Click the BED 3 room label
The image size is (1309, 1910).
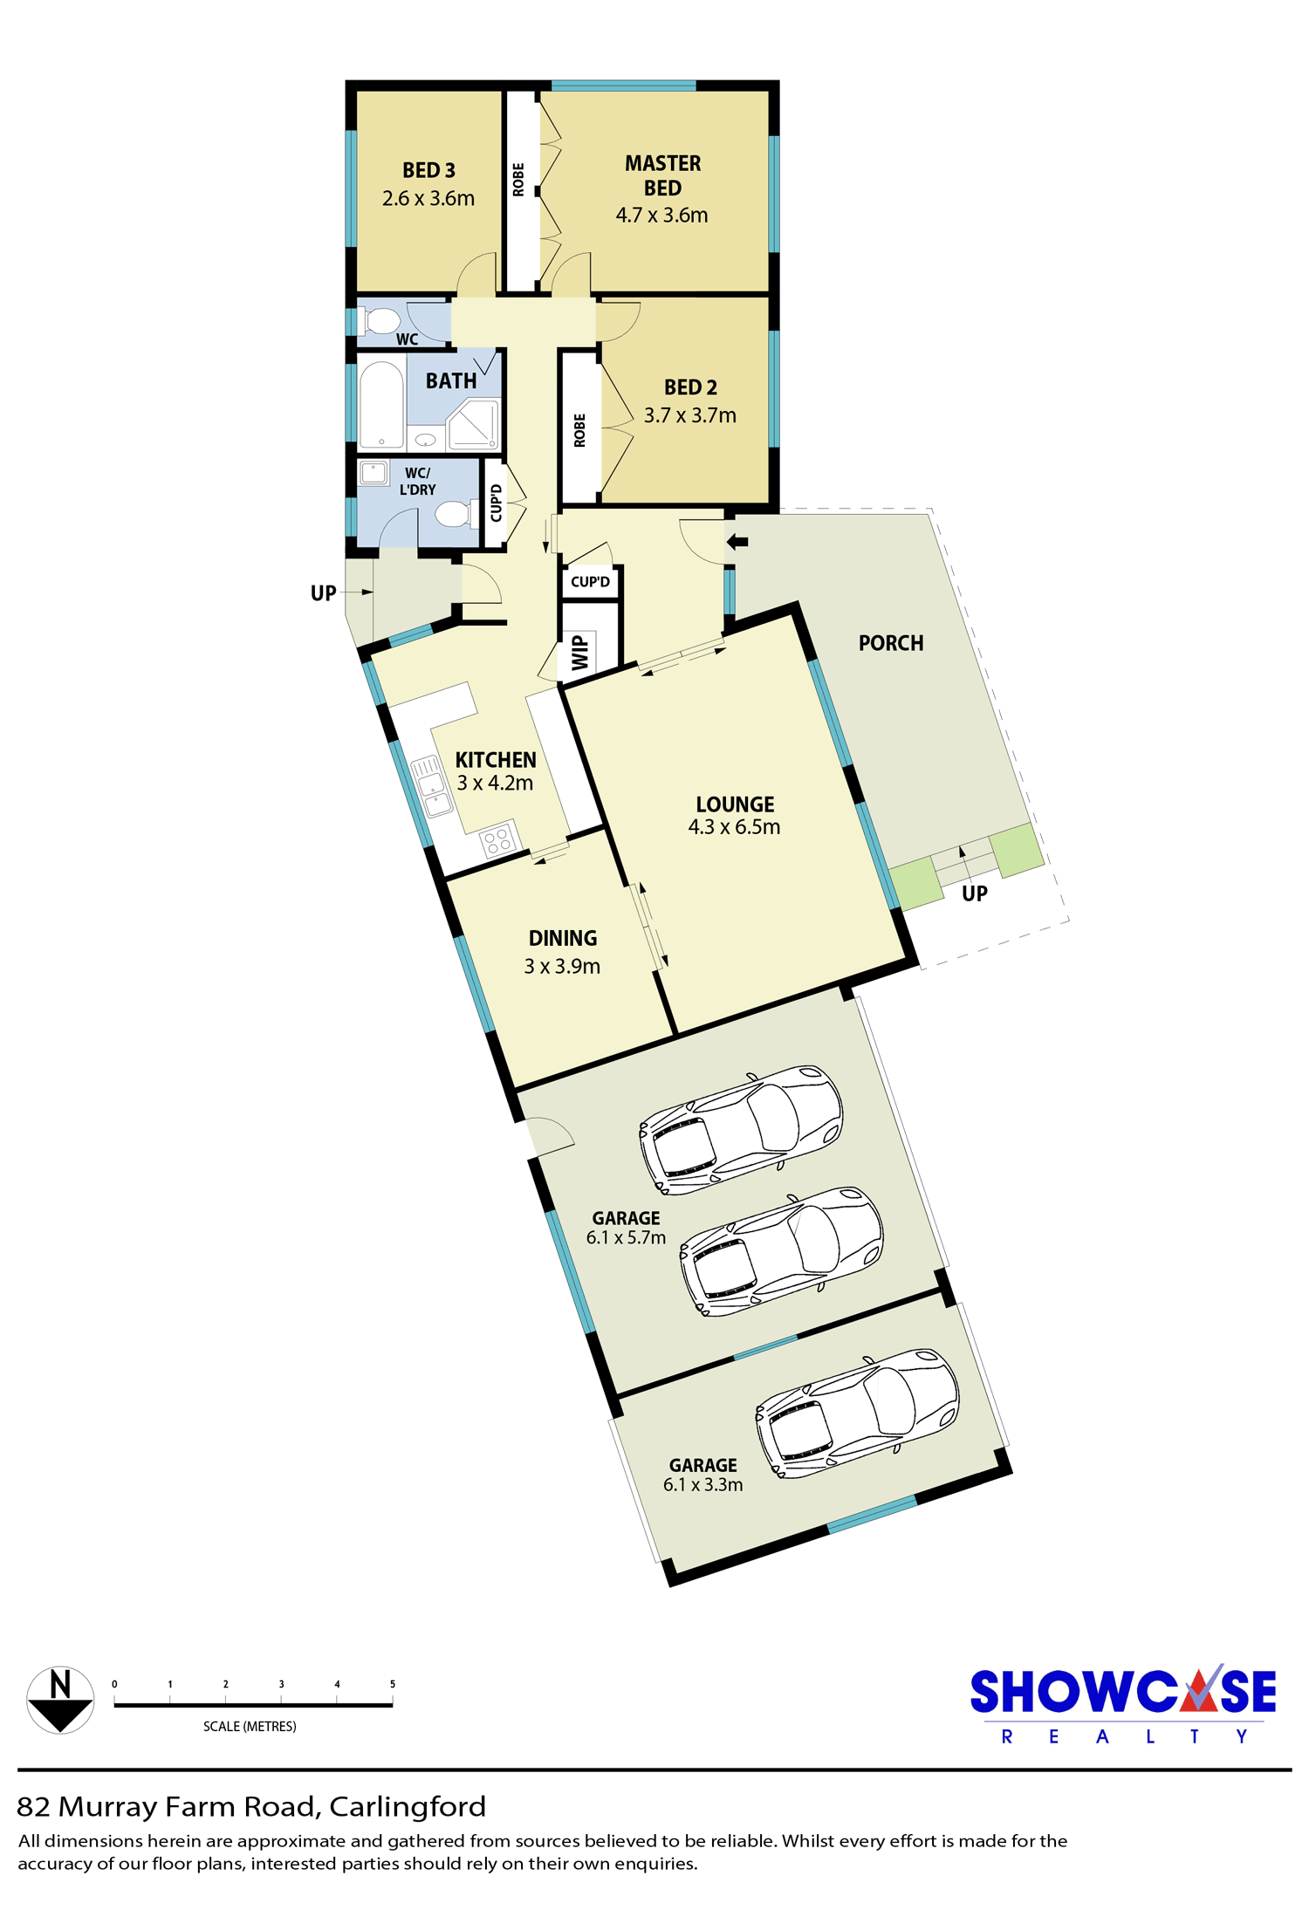[x=428, y=170]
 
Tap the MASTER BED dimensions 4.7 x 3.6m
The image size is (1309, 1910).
[x=661, y=215]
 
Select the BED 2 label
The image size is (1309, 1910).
[x=690, y=387]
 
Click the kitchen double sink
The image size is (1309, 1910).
[x=432, y=786]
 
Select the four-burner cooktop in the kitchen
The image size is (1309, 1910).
[x=498, y=840]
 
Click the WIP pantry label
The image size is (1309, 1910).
[x=579, y=653]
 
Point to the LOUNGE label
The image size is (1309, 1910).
[x=735, y=804]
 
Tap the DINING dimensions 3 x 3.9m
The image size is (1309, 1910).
[x=562, y=966]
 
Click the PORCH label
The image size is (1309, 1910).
[x=890, y=643]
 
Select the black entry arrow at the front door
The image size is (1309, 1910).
[x=737, y=542]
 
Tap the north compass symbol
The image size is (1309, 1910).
[x=60, y=1700]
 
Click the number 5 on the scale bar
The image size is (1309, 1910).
[x=393, y=1683]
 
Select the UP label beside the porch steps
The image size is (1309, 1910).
[x=975, y=893]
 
